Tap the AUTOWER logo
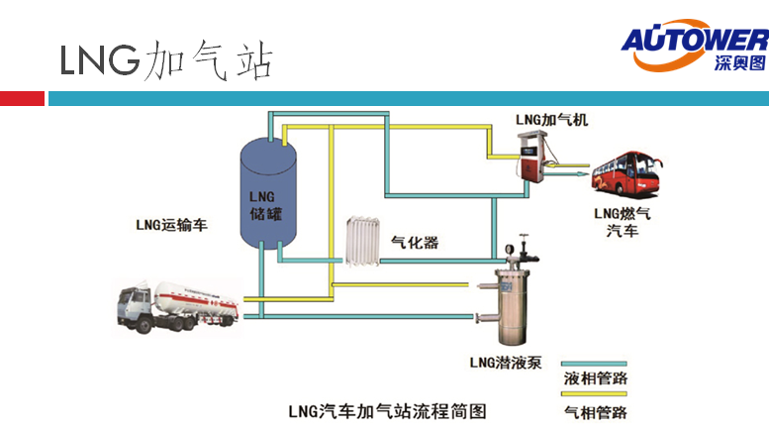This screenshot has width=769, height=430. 694,49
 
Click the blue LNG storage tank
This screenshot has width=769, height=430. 269,192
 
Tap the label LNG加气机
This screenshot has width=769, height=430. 551,119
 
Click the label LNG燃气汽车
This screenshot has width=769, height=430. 623,222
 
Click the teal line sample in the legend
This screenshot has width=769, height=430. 594,363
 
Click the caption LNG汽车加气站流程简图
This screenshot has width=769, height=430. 387,409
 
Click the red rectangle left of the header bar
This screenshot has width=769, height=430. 22,98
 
